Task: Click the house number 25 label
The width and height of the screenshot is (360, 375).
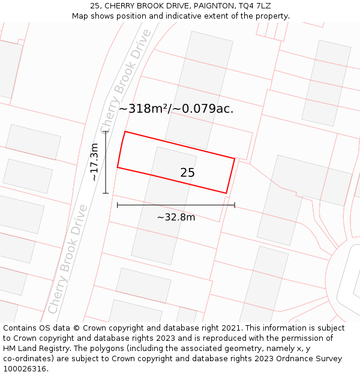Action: click(187, 173)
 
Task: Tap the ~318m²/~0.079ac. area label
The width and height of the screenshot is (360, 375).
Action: click(176, 109)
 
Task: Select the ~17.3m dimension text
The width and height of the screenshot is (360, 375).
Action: click(94, 162)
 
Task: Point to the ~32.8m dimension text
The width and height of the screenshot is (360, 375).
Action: click(176, 217)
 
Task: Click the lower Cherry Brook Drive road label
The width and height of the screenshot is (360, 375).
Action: click(68, 259)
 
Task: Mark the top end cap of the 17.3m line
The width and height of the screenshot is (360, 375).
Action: click(106, 131)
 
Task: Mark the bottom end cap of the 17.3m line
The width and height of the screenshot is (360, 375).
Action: click(106, 193)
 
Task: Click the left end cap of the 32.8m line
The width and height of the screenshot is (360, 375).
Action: click(118, 205)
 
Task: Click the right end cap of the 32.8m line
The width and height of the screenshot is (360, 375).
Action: click(235, 205)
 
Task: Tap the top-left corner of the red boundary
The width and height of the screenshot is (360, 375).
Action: click(125, 131)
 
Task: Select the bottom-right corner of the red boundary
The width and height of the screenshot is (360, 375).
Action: click(226, 193)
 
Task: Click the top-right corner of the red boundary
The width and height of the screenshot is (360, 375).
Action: click(235, 158)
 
